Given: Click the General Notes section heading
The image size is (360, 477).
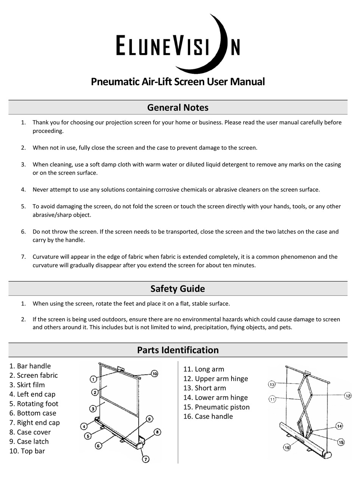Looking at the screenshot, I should coord(178,108).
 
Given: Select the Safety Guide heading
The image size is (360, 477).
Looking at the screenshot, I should coord(178,289).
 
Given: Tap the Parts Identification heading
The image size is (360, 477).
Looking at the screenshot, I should coord(178,350).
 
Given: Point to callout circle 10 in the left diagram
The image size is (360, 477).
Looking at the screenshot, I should coord(154,374).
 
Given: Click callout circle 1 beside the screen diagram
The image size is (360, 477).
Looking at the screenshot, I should coord(94,379).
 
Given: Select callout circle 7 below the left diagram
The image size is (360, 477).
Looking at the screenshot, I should coord(146,459).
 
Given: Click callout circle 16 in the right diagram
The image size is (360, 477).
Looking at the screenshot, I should coord(286,448).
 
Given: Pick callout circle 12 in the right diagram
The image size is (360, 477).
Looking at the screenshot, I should coord(348,396).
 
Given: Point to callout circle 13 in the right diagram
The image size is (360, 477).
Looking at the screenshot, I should coord(272,384).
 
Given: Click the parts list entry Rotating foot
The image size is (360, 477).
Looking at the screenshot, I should coord(38,404).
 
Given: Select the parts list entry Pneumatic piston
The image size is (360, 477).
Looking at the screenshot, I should coord(222,407).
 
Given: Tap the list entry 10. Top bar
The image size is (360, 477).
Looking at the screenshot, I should coord(27,451).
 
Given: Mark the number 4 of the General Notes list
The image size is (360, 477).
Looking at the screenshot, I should coord(23,190).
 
